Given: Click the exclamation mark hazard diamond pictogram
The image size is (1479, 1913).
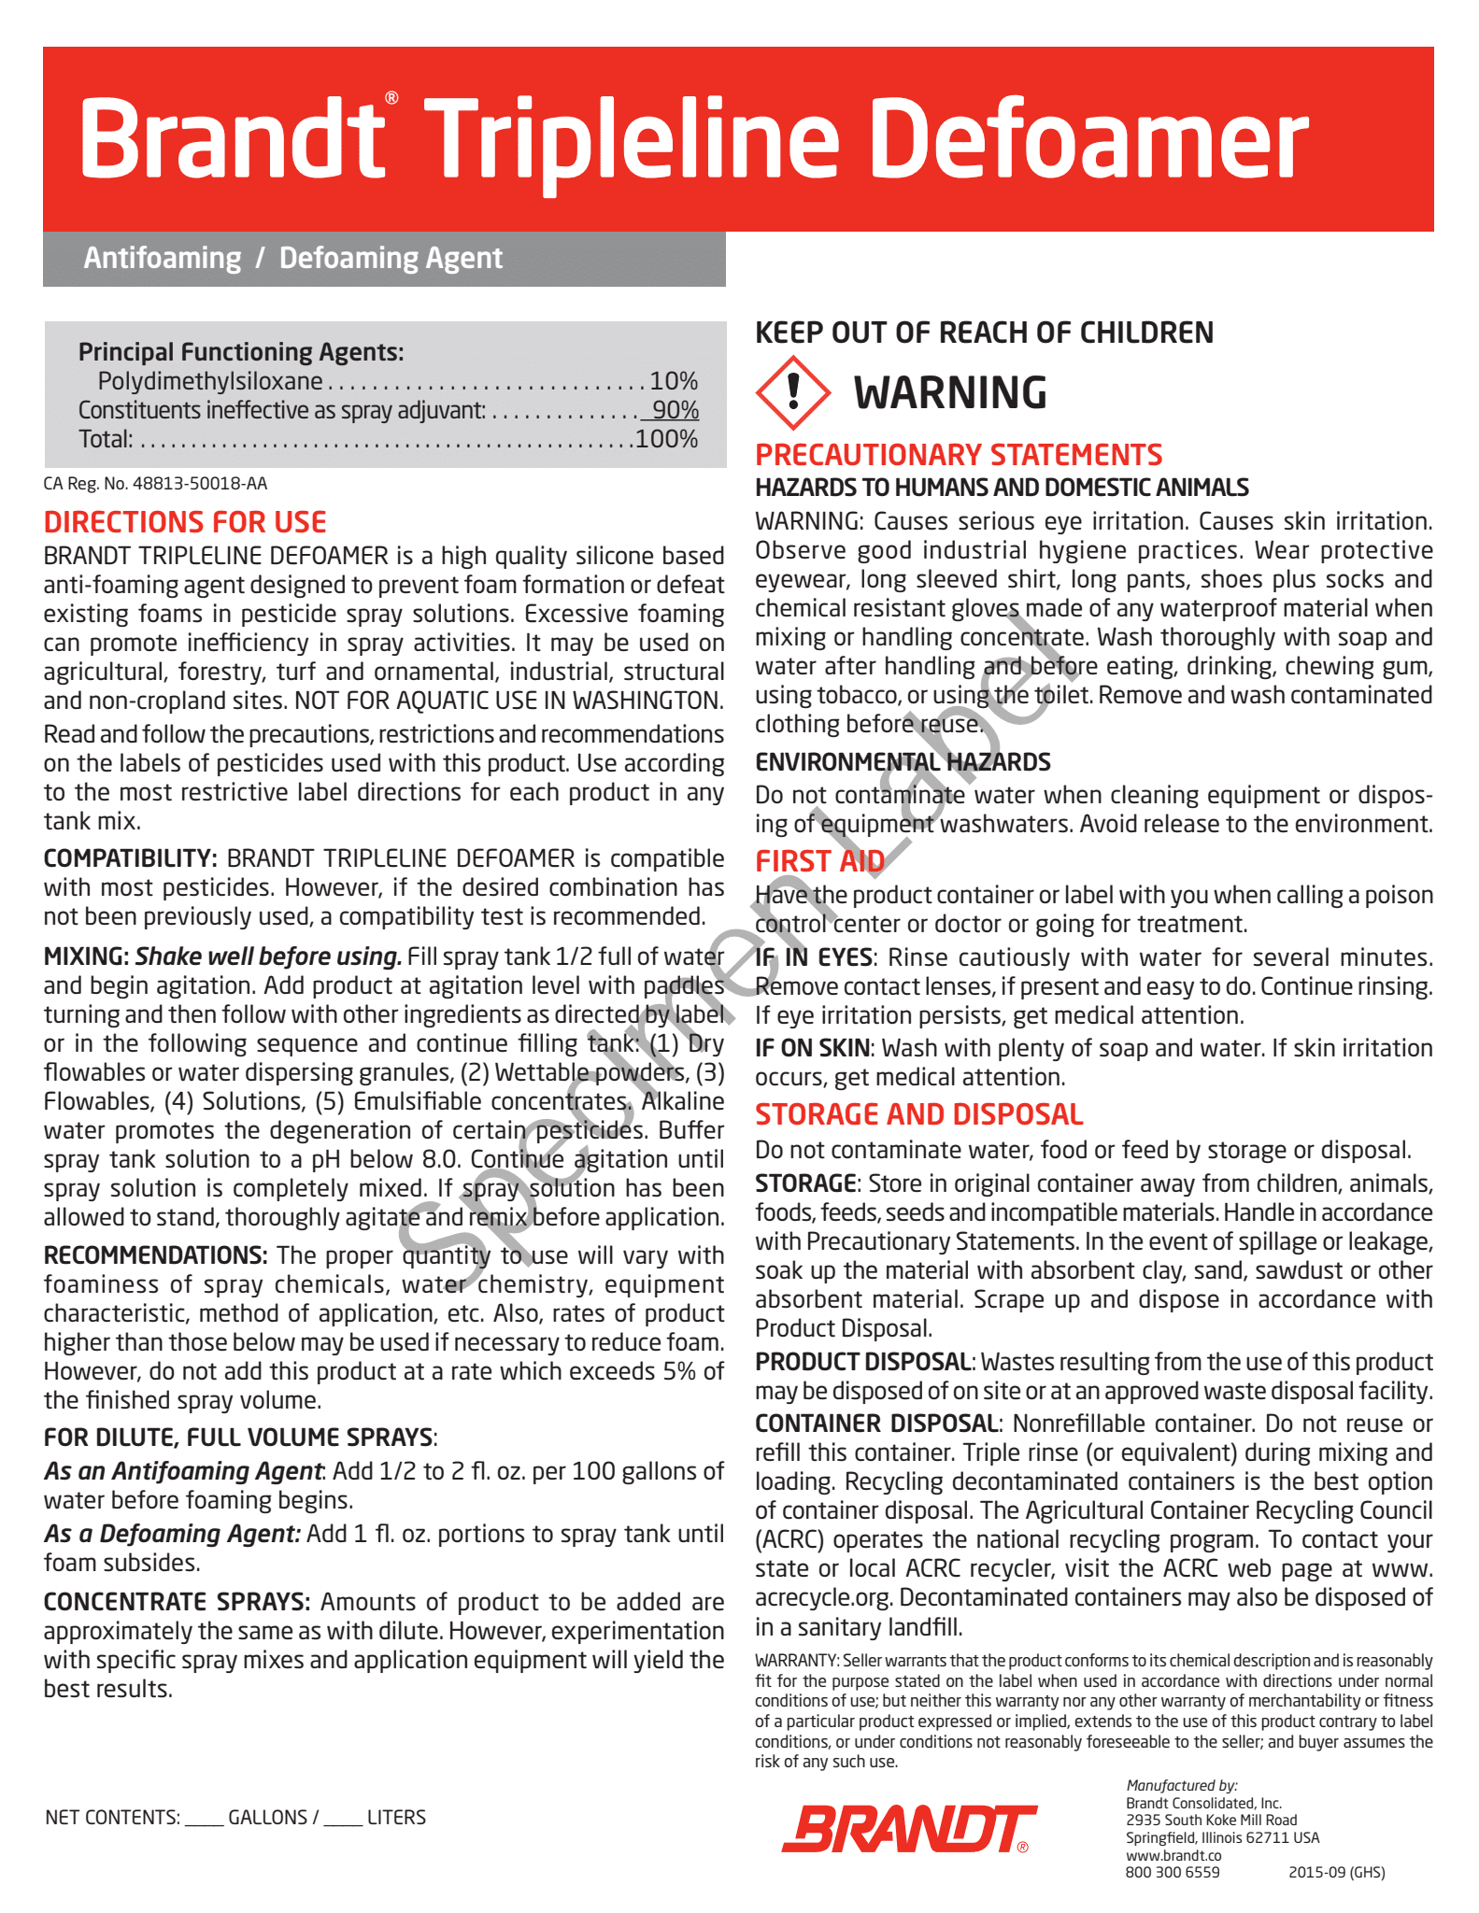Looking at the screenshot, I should (x=792, y=392).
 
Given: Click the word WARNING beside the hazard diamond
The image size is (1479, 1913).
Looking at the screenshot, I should (x=950, y=393).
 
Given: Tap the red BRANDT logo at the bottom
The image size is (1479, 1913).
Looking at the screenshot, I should (x=908, y=1829).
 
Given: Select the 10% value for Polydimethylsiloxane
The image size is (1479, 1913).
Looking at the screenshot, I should (x=674, y=381).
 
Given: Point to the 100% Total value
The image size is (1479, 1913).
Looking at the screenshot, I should (x=666, y=439).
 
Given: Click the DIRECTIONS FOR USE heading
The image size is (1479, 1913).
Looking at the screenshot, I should (x=185, y=522).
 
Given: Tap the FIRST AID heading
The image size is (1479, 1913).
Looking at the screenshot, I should (x=819, y=861).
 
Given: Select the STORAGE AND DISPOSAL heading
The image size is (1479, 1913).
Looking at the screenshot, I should (x=918, y=1114).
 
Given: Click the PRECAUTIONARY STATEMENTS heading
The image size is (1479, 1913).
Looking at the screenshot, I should (x=959, y=455).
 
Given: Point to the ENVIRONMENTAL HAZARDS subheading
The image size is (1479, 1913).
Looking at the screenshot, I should (x=903, y=762).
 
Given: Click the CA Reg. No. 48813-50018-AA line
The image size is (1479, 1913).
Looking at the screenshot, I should (x=155, y=484).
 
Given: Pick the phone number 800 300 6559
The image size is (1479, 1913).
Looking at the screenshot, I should (x=1173, y=1872).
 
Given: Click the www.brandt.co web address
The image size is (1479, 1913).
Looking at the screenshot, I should (x=1173, y=1855).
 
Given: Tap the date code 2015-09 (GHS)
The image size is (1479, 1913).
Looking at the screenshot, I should (x=1336, y=1872).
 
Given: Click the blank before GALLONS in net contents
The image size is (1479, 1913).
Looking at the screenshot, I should (x=204, y=1818).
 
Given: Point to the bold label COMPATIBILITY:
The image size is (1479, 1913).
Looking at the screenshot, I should (x=130, y=858).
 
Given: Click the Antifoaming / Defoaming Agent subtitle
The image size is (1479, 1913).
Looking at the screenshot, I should (x=292, y=258).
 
